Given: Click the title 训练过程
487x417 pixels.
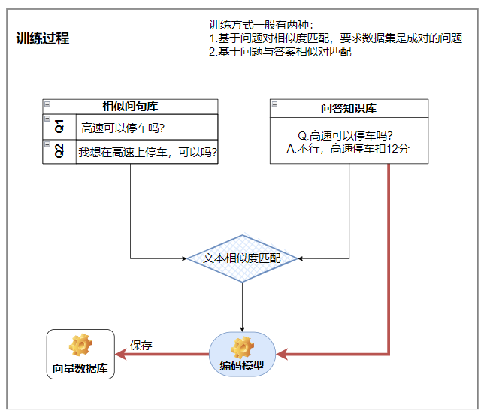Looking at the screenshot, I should click(42, 38).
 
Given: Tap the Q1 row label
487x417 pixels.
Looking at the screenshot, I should click(60, 126).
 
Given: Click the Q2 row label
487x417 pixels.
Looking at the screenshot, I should click(60, 151).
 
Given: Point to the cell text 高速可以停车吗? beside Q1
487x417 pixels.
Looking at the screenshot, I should click(123, 128).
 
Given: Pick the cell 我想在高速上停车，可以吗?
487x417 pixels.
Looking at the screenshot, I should click(148, 153).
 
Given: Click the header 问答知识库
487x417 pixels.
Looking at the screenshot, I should click(349, 109).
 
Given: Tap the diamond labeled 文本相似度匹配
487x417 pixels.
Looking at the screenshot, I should click(242, 258).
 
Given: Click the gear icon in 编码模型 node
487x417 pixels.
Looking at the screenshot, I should click(242, 346).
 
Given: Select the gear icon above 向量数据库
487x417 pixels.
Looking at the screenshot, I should click(80, 345).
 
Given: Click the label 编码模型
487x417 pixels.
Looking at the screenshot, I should click(242, 366).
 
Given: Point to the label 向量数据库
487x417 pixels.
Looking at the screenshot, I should click(80, 369).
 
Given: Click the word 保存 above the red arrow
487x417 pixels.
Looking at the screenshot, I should click(141, 346).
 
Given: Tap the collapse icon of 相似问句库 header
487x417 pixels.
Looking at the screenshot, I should click(47, 104).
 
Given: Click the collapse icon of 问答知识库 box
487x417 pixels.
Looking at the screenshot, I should click(275, 104).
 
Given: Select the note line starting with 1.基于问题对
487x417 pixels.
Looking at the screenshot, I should click(335, 38).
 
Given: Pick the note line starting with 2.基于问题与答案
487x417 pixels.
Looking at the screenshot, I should click(280, 52).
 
